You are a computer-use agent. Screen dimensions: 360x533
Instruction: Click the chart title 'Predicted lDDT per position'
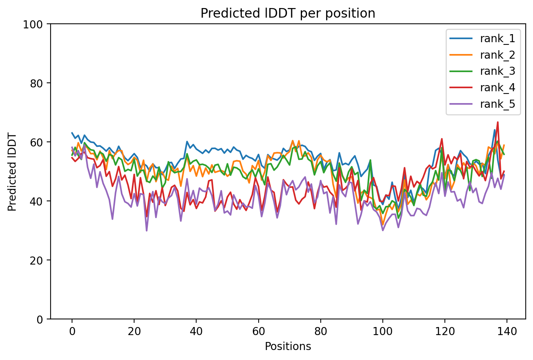coord(288,13)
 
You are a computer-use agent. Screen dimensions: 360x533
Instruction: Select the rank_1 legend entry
coord(497,38)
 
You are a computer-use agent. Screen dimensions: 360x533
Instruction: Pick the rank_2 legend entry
coord(497,55)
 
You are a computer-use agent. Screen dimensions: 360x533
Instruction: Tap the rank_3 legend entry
coord(497,71)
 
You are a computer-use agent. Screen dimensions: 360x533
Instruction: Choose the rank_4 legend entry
coord(497,88)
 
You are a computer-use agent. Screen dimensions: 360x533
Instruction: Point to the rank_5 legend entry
coord(497,104)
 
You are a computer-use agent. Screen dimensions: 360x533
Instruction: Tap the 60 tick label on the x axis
coord(258,331)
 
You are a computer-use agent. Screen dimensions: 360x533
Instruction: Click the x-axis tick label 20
coord(134,331)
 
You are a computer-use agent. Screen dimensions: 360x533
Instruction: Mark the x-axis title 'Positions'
coord(288,347)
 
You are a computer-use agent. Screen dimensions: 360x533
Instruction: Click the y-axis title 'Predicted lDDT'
coord(12,172)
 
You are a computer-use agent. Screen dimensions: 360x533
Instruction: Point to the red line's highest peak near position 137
coord(497,122)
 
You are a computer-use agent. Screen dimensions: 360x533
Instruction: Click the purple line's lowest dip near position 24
coord(146,230)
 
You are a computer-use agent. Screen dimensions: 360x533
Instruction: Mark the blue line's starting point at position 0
coord(72,133)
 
